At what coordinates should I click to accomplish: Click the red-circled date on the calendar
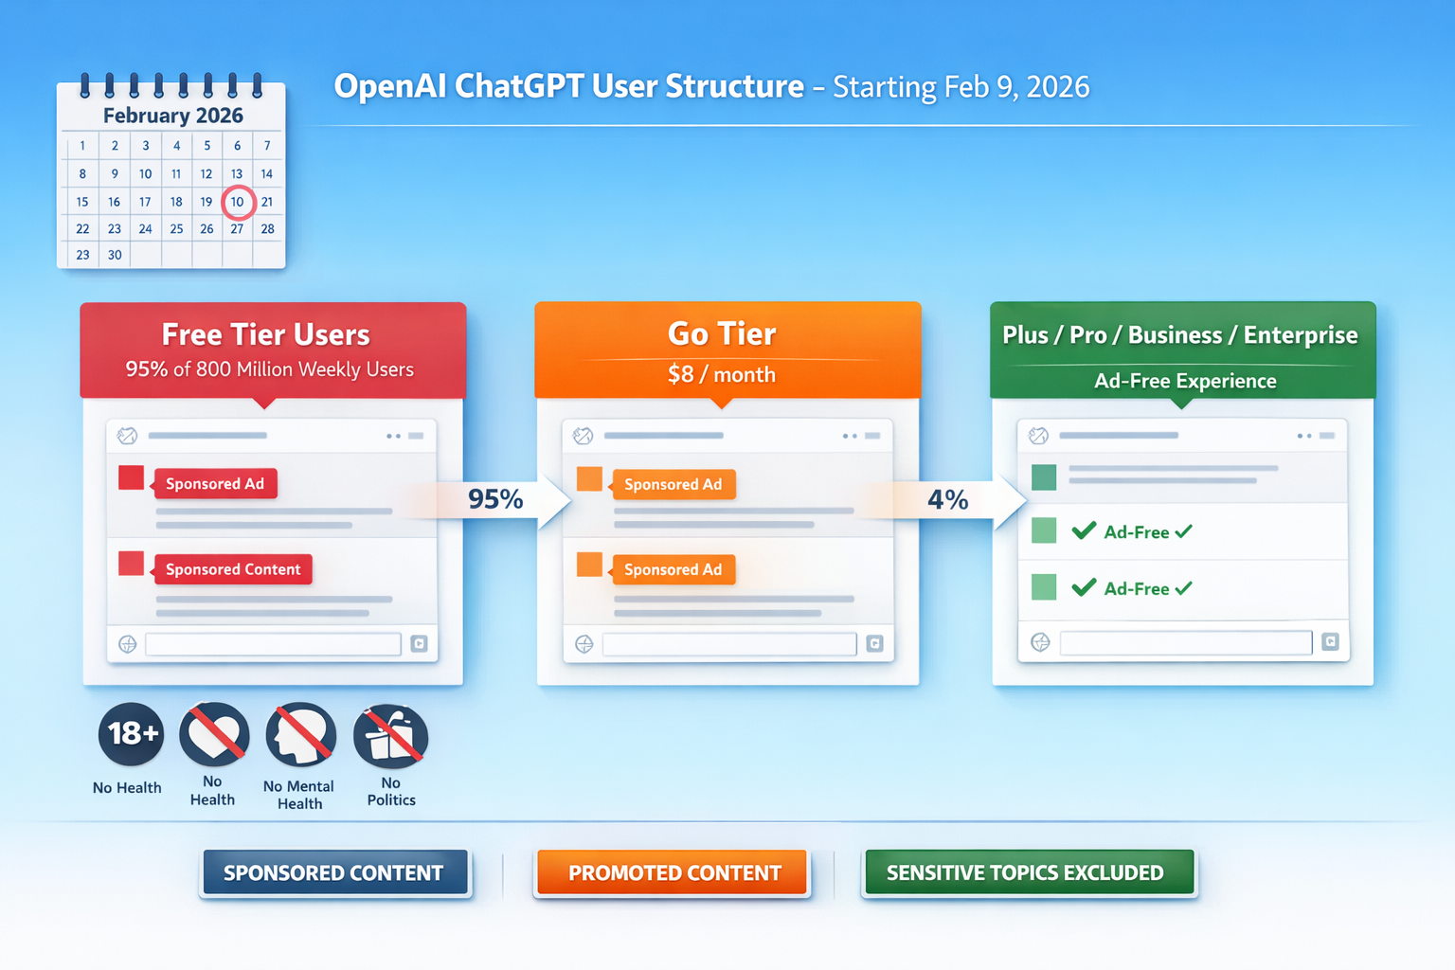[x=238, y=202]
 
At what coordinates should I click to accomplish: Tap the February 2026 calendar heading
[x=172, y=116]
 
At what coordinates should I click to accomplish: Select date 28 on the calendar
[x=267, y=228]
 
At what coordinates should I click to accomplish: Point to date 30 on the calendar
[x=115, y=255]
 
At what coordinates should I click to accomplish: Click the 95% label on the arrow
[x=495, y=499]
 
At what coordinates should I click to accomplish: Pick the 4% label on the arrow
[x=947, y=499]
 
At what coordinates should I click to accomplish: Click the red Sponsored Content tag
[x=232, y=569]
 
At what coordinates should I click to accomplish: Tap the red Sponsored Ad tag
[x=215, y=484]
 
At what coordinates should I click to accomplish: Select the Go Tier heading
[x=722, y=333]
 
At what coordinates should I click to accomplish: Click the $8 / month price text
[x=722, y=375]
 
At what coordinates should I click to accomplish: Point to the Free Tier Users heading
[x=265, y=334]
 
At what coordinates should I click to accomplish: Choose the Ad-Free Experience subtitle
[x=1185, y=381]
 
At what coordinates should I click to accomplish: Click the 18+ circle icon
[x=132, y=734]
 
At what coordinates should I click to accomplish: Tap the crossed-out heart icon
[x=214, y=734]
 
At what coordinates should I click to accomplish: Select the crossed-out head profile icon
[x=301, y=735]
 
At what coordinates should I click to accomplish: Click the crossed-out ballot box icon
[x=390, y=736]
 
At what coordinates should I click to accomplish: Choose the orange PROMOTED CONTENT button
[x=674, y=872]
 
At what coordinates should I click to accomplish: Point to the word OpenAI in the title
[x=390, y=87]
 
